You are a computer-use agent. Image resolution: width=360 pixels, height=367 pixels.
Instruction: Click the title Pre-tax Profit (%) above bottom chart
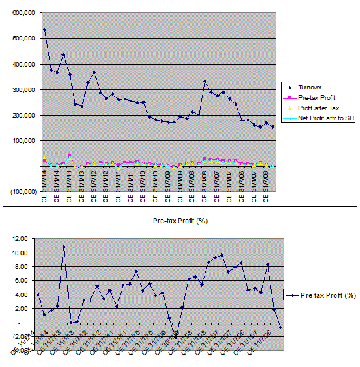(179, 221)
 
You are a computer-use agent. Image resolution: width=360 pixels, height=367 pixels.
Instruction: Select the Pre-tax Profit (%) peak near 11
(64, 247)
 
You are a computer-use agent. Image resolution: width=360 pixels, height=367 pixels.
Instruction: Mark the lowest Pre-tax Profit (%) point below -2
(176, 338)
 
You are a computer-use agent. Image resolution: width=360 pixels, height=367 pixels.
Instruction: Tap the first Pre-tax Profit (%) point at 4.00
(37, 295)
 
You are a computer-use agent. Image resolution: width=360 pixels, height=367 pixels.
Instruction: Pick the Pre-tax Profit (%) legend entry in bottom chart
(323, 295)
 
